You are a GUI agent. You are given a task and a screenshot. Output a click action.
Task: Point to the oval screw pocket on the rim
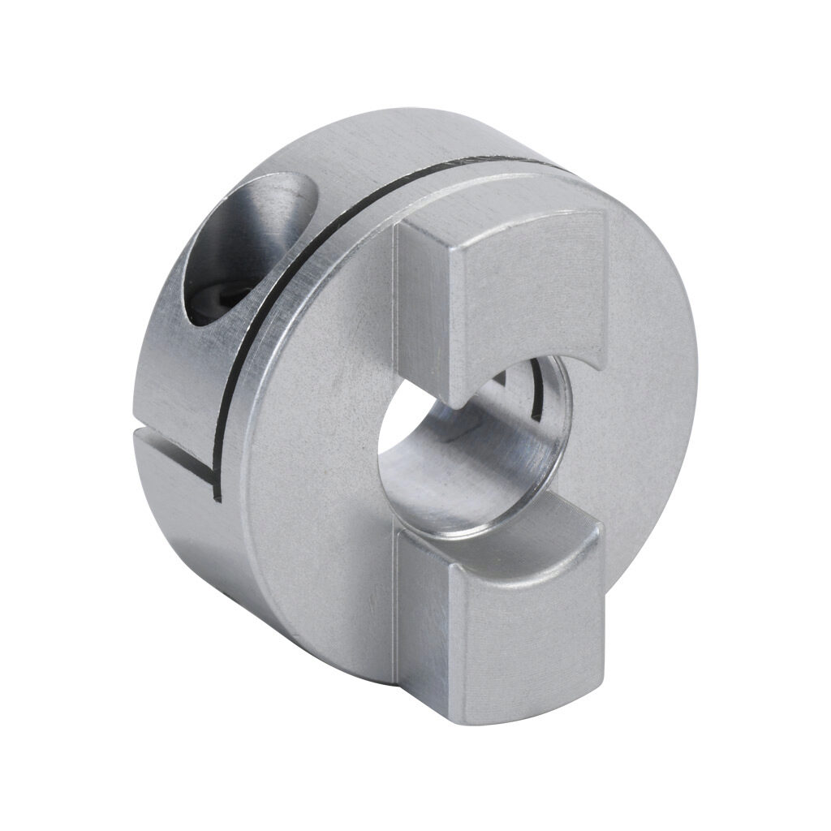(x=243, y=243)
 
